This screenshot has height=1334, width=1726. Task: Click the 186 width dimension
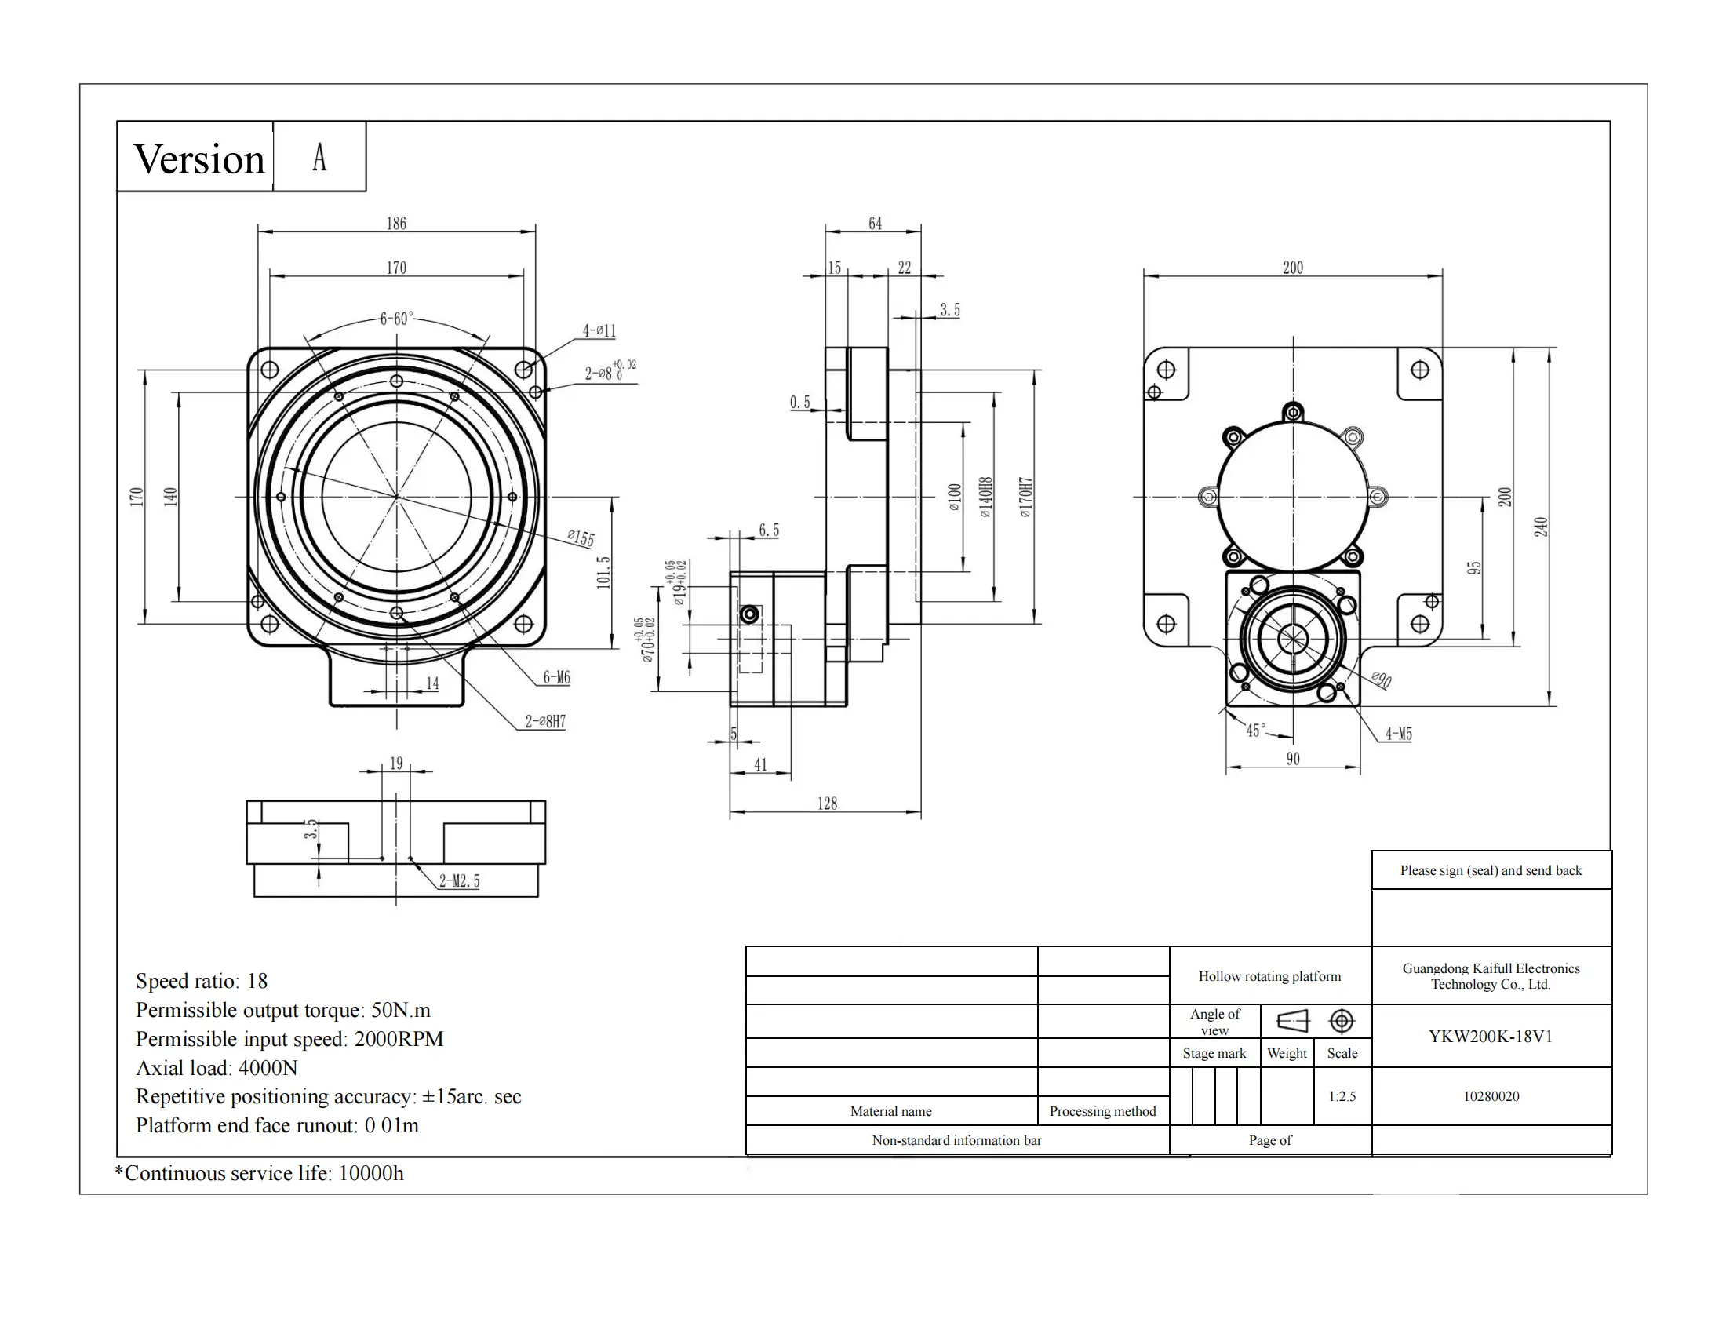point(396,224)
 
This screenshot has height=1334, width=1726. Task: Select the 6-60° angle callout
point(396,319)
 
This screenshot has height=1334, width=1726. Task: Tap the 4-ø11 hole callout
point(599,330)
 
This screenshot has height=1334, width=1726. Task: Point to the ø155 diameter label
point(581,538)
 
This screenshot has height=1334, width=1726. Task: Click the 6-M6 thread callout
point(556,677)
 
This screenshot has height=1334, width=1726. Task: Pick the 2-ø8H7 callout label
point(545,721)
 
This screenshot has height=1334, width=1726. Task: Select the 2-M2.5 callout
point(459,881)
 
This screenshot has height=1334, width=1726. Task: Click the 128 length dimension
point(827,804)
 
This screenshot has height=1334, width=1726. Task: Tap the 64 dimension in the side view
point(875,224)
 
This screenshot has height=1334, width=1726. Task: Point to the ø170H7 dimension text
point(1026,497)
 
